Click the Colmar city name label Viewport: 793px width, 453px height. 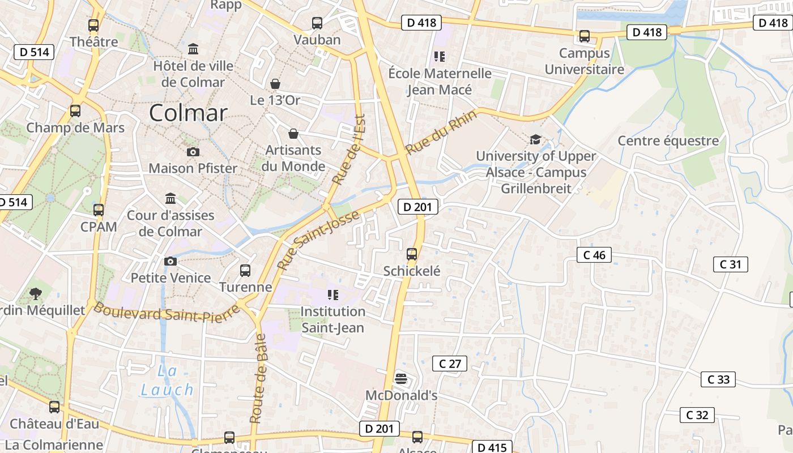[188, 113]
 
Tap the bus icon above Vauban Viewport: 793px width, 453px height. [317, 23]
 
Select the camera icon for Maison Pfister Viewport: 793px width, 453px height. [193, 152]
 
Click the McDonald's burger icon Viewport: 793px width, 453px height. [401, 378]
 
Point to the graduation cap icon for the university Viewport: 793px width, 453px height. [535, 139]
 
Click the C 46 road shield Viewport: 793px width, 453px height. [594, 255]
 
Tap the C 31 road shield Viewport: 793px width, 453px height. [730, 264]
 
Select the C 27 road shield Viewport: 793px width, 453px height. [450, 364]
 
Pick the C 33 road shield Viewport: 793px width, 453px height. [718, 379]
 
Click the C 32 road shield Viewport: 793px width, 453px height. [697, 415]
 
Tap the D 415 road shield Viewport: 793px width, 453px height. [491, 447]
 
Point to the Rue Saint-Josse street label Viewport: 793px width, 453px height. [318, 240]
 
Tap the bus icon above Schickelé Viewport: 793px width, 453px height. [412, 254]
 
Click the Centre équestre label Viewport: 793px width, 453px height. [668, 140]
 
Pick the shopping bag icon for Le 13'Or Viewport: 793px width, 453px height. [275, 84]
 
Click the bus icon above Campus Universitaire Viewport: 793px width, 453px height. [585, 36]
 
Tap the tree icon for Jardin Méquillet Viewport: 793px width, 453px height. [36, 293]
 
